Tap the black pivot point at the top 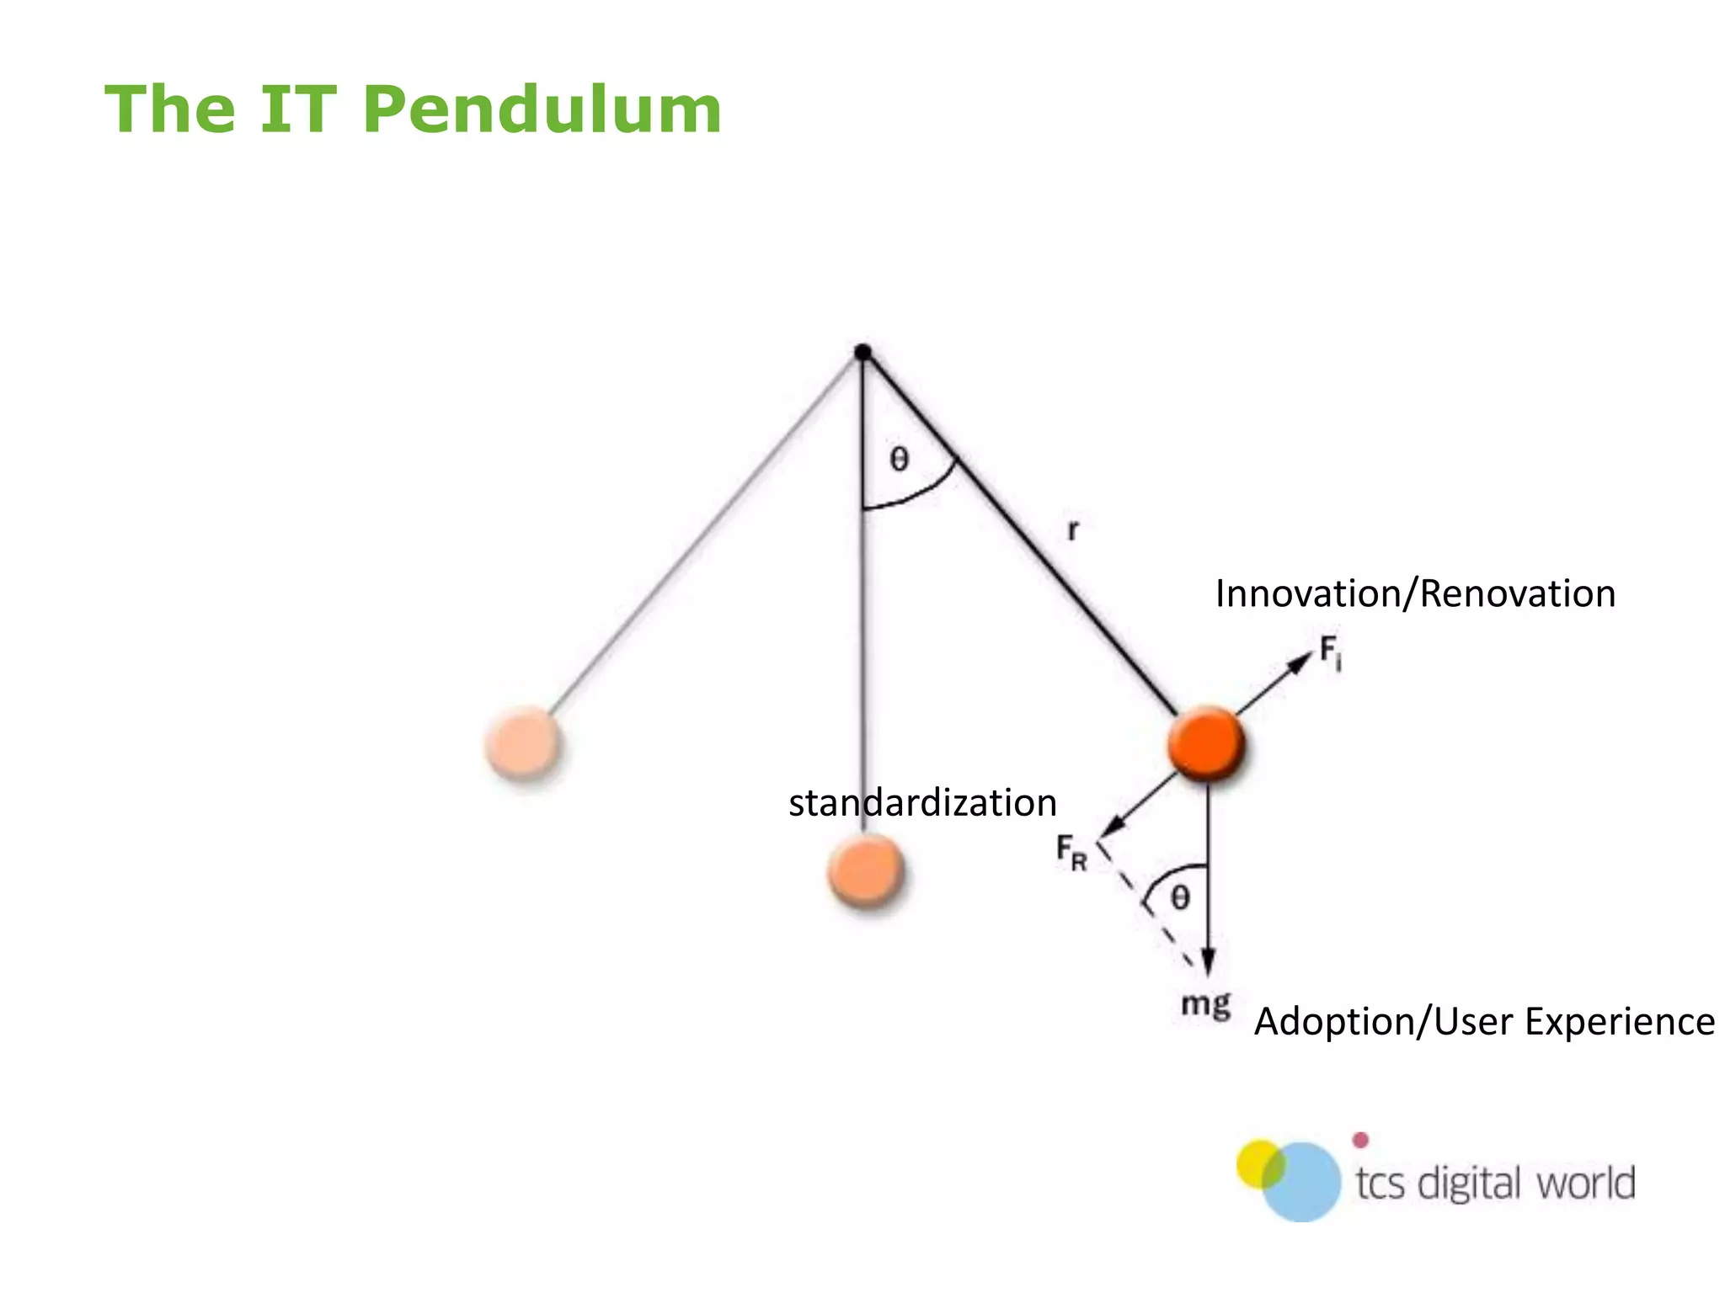[862, 352]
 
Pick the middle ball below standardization [865, 872]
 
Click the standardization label [922, 802]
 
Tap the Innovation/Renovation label [1415, 593]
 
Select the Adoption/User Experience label [1484, 1021]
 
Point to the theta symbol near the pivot [900, 460]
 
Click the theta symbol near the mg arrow [1180, 898]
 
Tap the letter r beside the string [1073, 530]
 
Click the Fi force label [1330, 652]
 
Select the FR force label [1071, 852]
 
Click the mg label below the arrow [1205, 1005]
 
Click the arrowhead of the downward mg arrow [1208, 963]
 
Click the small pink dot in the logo [1360, 1141]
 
